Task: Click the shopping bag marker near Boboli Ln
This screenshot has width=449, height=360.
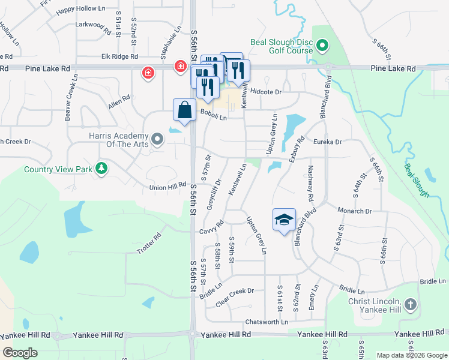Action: (184, 111)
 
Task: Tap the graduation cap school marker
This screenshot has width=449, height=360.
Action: (284, 219)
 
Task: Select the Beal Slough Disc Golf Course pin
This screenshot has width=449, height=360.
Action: (322, 46)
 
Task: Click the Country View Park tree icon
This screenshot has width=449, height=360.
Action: (102, 169)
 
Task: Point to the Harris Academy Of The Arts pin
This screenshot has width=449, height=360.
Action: (158, 140)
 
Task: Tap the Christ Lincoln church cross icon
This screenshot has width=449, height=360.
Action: (410, 305)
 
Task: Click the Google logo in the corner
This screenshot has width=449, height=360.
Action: (20, 353)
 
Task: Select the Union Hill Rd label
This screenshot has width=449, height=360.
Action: (169, 187)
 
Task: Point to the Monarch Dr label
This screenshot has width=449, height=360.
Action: (355, 211)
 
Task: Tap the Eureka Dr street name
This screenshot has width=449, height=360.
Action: (327, 142)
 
